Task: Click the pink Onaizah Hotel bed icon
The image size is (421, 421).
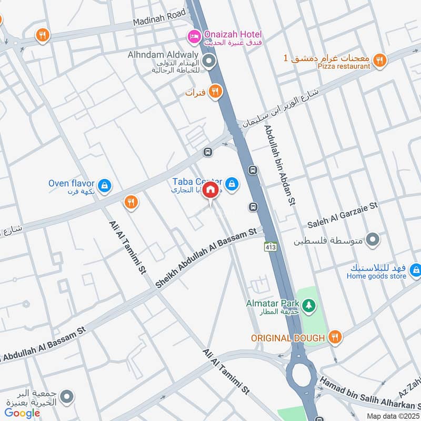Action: click(x=194, y=36)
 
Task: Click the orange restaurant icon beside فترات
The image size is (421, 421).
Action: click(x=214, y=92)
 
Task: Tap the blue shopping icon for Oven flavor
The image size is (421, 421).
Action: click(x=105, y=184)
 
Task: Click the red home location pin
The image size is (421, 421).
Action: click(x=210, y=191)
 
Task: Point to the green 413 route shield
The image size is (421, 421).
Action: click(x=271, y=245)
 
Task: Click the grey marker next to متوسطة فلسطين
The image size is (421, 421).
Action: click(x=373, y=240)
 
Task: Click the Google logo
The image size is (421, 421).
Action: click(x=22, y=413)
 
